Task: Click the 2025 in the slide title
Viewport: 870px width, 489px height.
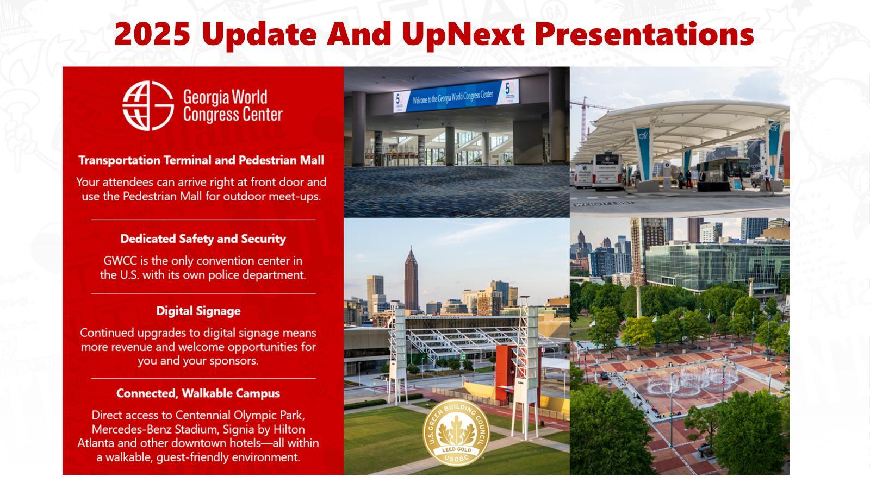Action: click(x=152, y=34)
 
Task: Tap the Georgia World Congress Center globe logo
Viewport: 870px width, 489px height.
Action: click(x=148, y=105)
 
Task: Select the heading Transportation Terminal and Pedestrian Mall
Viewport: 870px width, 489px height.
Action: click(x=201, y=160)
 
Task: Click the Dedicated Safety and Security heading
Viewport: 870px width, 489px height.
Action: click(x=203, y=239)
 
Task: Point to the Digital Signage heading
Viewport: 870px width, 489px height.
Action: click(x=198, y=311)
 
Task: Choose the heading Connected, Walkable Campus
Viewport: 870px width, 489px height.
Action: click(x=198, y=393)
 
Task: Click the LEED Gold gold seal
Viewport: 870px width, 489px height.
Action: click(x=456, y=432)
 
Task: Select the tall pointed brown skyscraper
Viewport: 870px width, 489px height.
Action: click(x=411, y=279)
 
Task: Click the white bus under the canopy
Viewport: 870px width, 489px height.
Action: click(x=607, y=172)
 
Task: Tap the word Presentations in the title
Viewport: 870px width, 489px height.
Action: click(x=644, y=34)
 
